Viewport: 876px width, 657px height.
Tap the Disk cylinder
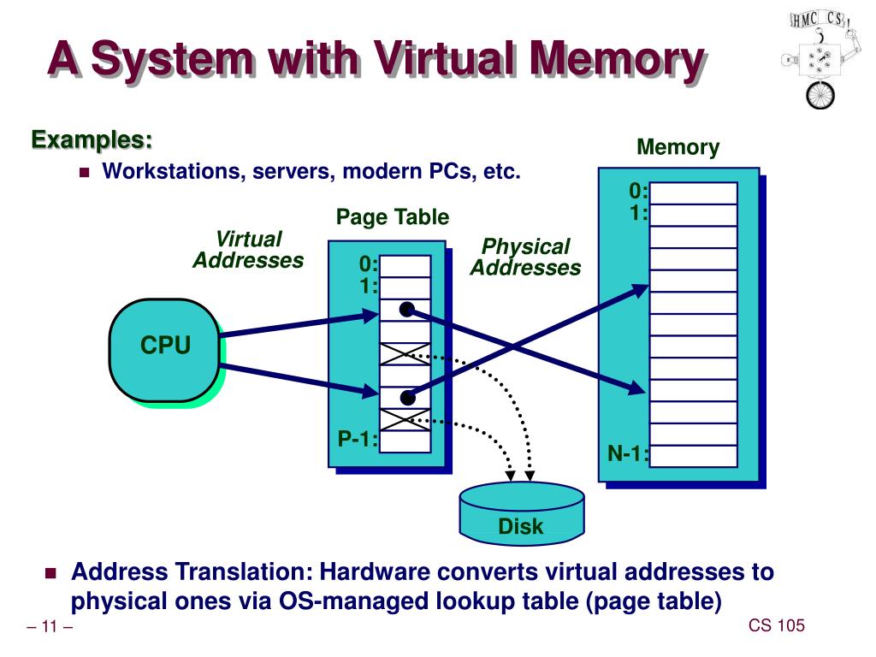(521, 515)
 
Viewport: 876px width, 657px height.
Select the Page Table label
(392, 217)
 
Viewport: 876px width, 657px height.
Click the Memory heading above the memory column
(678, 147)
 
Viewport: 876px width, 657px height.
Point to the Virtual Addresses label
(248, 250)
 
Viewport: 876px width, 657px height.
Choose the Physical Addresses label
(525, 257)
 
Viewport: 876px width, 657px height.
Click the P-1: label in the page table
(358, 440)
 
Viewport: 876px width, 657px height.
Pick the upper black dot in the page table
(407, 309)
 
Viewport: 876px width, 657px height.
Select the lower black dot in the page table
(407, 397)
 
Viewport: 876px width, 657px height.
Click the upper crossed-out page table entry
(405, 353)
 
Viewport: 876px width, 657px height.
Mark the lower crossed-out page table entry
(405, 419)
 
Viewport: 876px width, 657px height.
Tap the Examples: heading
(92, 139)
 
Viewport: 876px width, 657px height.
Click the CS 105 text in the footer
(777, 626)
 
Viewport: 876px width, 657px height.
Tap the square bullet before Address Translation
(50, 571)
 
